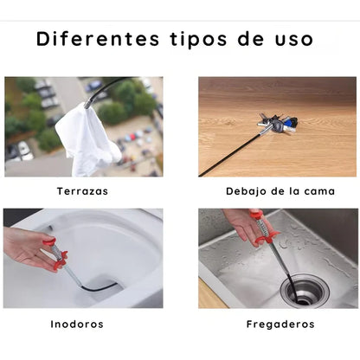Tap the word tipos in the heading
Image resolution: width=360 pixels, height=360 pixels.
click(193, 41)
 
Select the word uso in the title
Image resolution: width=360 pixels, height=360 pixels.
click(293, 41)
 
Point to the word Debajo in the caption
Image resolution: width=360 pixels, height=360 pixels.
click(247, 191)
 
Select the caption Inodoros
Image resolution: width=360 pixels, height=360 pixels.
click(76, 325)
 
